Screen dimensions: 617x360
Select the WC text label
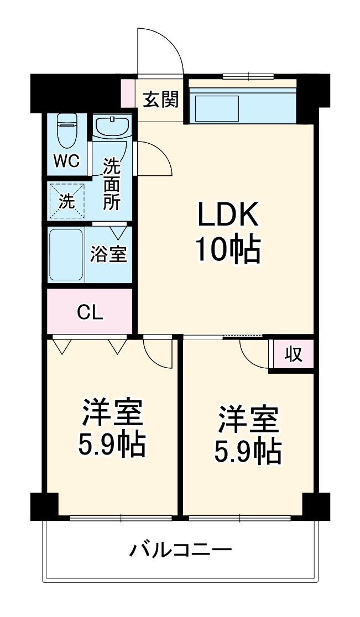pyautogui.click(x=67, y=161)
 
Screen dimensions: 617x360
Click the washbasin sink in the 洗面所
pyautogui.click(x=112, y=127)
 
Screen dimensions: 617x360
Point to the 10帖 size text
pyautogui.click(x=227, y=250)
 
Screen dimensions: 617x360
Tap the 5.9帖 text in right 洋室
pyautogui.click(x=248, y=452)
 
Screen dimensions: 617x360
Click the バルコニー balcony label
pyautogui.click(x=180, y=550)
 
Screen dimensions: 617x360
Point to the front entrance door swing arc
pyautogui.click(x=160, y=50)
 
